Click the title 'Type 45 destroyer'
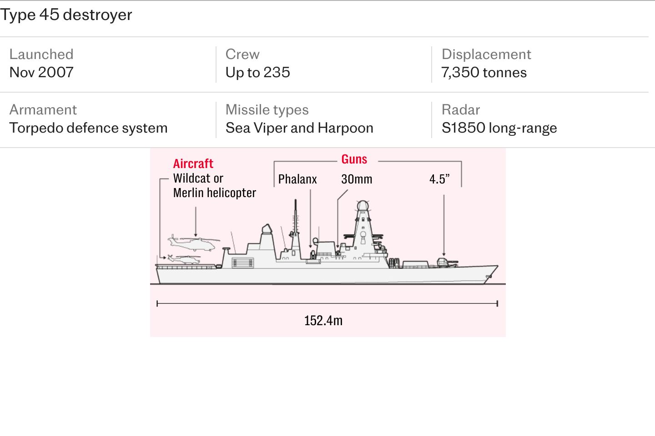click(x=66, y=15)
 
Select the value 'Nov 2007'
click(x=41, y=72)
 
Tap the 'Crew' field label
click(x=242, y=54)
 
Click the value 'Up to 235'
click(x=257, y=72)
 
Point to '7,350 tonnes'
click(x=484, y=72)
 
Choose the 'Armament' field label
click(x=43, y=110)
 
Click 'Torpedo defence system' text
click(x=88, y=128)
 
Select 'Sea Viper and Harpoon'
click(x=299, y=128)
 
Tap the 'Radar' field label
click(x=460, y=110)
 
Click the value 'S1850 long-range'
click(x=499, y=128)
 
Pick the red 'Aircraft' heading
click(x=193, y=163)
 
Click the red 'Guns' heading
click(x=354, y=159)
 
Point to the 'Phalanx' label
click(x=297, y=179)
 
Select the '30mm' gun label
click(x=357, y=179)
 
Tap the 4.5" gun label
click(x=439, y=179)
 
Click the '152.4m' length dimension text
click(x=323, y=320)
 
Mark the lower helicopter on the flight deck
click(x=184, y=259)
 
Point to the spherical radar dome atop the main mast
click(x=363, y=206)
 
